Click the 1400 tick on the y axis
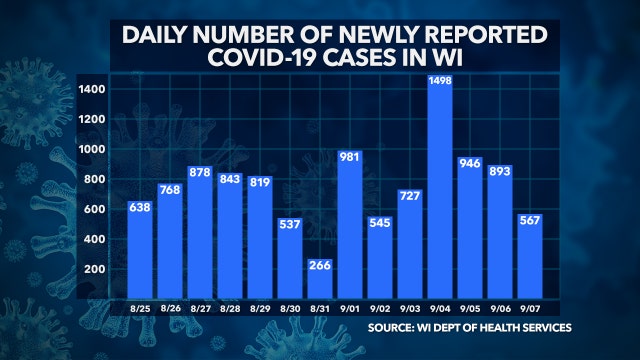93,89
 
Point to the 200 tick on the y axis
96,269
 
